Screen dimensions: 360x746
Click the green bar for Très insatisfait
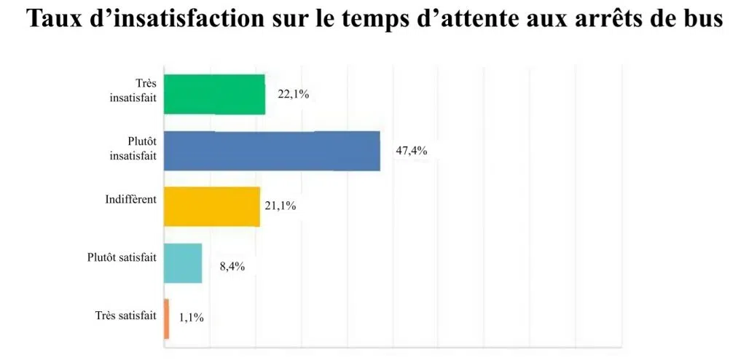(214, 94)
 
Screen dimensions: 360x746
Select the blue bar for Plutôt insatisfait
(271, 151)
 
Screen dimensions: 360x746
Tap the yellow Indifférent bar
(211, 206)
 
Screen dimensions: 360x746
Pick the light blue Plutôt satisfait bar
(182, 263)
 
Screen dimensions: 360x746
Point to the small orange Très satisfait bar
(167, 318)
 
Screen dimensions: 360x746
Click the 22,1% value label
(294, 93)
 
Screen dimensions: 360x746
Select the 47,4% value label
(411, 151)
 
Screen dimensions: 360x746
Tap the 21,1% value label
(280, 206)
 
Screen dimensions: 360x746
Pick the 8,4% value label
(232, 266)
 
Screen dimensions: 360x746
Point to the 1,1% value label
(191, 317)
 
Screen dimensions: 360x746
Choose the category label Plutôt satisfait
(121, 257)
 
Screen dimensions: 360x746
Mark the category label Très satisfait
(125, 315)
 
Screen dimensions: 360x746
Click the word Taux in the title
(53, 20)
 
